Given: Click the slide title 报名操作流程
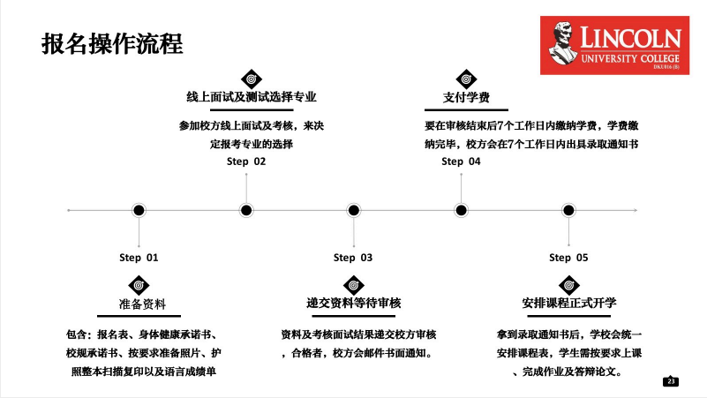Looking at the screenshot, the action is pyautogui.click(x=112, y=44).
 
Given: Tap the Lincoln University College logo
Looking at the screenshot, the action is pyautogui.click(x=614, y=45).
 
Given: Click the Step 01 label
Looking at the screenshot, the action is pyautogui.click(x=139, y=258).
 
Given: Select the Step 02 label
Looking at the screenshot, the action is pyautogui.click(x=246, y=161).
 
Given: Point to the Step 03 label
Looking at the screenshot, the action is pyautogui.click(x=353, y=258).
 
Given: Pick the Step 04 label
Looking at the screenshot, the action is pyautogui.click(x=461, y=161).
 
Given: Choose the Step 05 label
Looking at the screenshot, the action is pyautogui.click(x=568, y=258).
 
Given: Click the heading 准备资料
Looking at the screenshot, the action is pyautogui.click(x=142, y=304).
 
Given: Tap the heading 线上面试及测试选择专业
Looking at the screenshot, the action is pyautogui.click(x=252, y=97).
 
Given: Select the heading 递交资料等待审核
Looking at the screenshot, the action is pyautogui.click(x=353, y=303).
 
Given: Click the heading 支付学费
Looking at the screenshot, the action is pyautogui.click(x=466, y=97).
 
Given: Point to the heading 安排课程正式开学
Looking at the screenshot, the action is pyautogui.click(x=569, y=303).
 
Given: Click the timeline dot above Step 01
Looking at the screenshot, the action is pyautogui.click(x=139, y=210).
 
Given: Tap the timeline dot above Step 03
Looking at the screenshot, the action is pyautogui.click(x=353, y=210).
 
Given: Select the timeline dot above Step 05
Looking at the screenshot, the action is pyautogui.click(x=568, y=210).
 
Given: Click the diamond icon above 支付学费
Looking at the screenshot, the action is pyautogui.click(x=466, y=79).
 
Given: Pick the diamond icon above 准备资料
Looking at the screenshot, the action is pyautogui.click(x=139, y=285).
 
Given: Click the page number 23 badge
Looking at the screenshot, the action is pyautogui.click(x=671, y=381).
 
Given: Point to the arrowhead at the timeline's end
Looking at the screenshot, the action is pyautogui.click(x=635, y=210).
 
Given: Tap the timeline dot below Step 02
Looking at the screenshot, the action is pyautogui.click(x=246, y=210).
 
